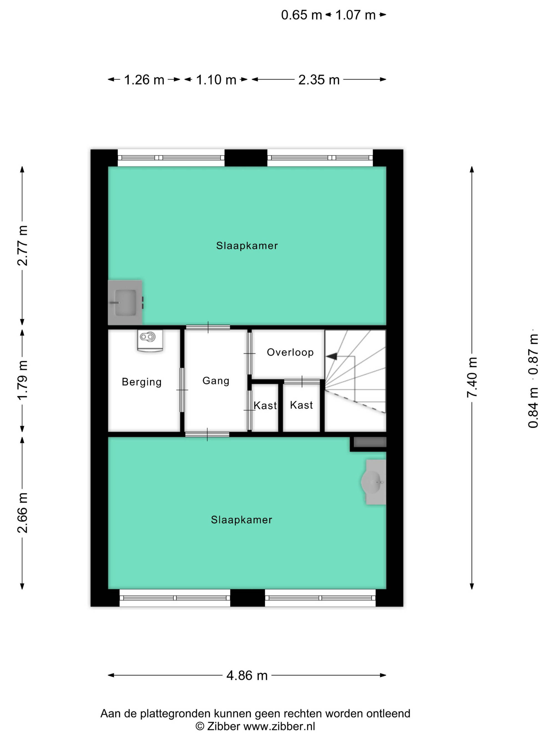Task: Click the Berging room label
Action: coord(142,382)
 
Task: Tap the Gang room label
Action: coord(216,381)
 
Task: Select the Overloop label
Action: coord(290,352)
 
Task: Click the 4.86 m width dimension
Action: coord(247,675)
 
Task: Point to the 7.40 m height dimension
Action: coord(472,377)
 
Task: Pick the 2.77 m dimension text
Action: coord(22,246)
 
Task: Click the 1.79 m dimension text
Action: coord(22,380)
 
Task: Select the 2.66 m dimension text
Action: coord(22,513)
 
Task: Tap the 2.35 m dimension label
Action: coord(319,80)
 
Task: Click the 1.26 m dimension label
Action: coord(144,80)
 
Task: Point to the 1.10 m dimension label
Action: coord(216,80)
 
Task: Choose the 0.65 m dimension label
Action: coord(301,15)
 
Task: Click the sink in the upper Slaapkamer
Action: coord(125,302)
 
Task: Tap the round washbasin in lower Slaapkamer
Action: coord(374,482)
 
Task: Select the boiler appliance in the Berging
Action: coord(150,340)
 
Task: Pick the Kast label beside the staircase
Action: coord(301,405)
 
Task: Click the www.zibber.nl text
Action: coord(279,727)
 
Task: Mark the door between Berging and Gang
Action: coord(182,390)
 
